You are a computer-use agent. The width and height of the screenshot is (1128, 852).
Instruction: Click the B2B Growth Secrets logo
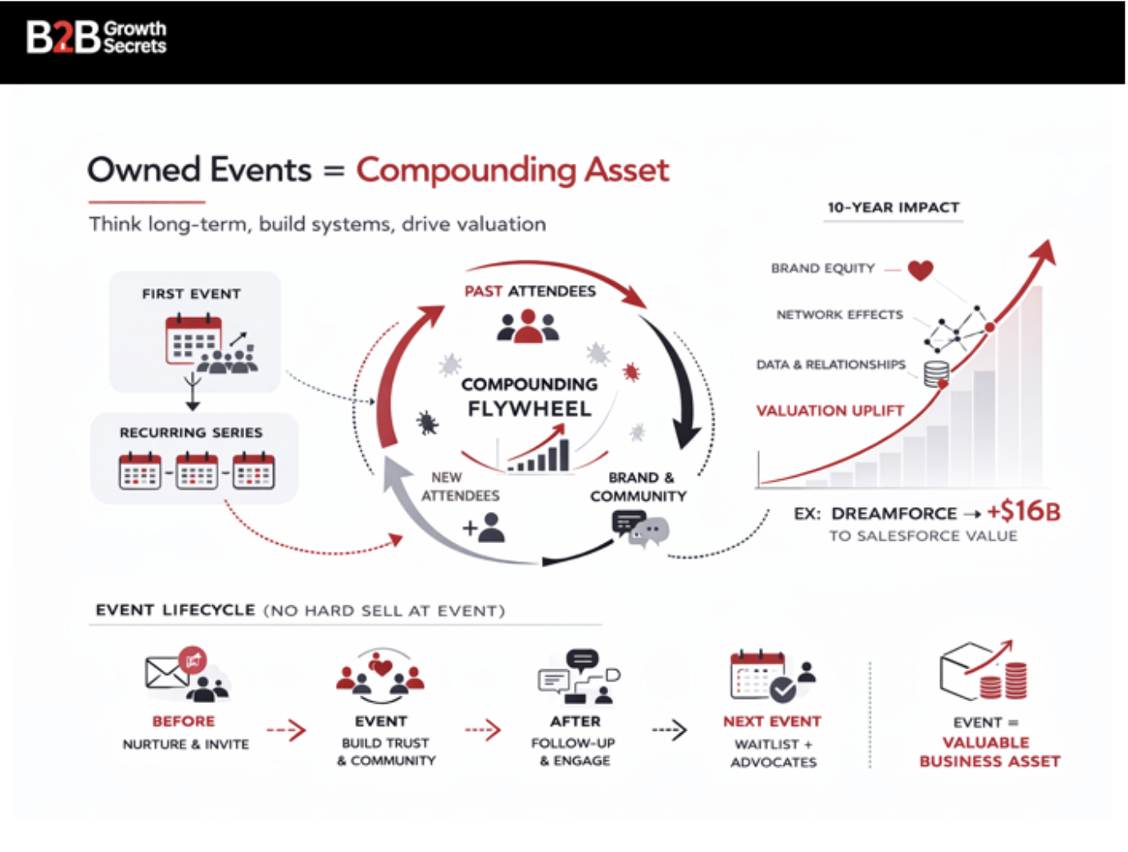point(96,37)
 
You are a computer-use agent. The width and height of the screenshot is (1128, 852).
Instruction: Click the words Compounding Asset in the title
point(512,170)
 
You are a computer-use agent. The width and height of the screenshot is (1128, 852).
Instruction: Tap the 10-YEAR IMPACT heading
point(893,207)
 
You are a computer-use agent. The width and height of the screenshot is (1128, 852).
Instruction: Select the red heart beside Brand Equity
point(921,270)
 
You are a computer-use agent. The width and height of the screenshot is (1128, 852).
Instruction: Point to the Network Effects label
point(839,315)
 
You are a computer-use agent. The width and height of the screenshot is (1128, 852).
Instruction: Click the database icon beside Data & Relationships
point(936,373)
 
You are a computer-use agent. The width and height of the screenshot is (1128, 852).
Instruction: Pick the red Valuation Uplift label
point(830,410)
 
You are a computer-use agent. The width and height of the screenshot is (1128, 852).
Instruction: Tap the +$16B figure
point(1023,511)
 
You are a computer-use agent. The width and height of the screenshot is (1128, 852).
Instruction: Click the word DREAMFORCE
point(894,514)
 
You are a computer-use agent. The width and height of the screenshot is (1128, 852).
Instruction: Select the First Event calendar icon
point(193,339)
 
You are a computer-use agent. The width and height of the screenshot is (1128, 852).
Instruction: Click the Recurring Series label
point(191,433)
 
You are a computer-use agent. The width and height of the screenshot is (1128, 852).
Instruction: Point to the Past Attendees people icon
point(529,326)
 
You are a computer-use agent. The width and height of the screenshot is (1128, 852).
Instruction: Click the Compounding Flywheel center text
point(530,397)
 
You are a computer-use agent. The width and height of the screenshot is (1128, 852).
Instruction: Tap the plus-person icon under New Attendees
point(484,527)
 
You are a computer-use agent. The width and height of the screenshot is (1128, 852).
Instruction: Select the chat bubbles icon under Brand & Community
point(639,528)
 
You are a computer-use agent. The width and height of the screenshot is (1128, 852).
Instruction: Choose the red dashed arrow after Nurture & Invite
point(286,730)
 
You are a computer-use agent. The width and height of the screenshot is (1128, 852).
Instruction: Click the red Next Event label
point(771,722)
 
